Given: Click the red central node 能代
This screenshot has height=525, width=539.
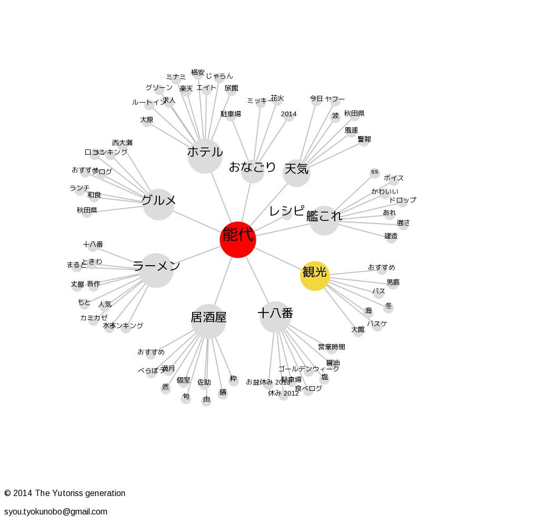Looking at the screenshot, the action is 238,239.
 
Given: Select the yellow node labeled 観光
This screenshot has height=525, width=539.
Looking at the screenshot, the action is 315,276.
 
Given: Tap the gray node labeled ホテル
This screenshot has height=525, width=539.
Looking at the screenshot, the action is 205,156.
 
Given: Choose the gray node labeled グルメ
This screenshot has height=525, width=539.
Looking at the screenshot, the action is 158,204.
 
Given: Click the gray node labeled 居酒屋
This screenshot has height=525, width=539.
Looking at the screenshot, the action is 208,321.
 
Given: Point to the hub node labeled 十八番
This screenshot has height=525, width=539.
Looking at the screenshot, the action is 275,317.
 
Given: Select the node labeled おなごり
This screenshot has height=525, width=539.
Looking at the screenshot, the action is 253,170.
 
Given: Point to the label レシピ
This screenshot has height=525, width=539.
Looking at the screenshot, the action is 286,211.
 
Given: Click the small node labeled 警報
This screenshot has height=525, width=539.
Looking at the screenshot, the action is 364,140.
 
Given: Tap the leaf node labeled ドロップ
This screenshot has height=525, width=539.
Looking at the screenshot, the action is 403,201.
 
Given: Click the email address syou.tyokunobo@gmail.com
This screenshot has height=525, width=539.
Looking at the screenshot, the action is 56,511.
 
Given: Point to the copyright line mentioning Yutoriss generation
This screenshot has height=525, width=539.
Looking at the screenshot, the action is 65,493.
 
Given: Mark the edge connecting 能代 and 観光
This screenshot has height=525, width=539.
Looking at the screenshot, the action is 277,258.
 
